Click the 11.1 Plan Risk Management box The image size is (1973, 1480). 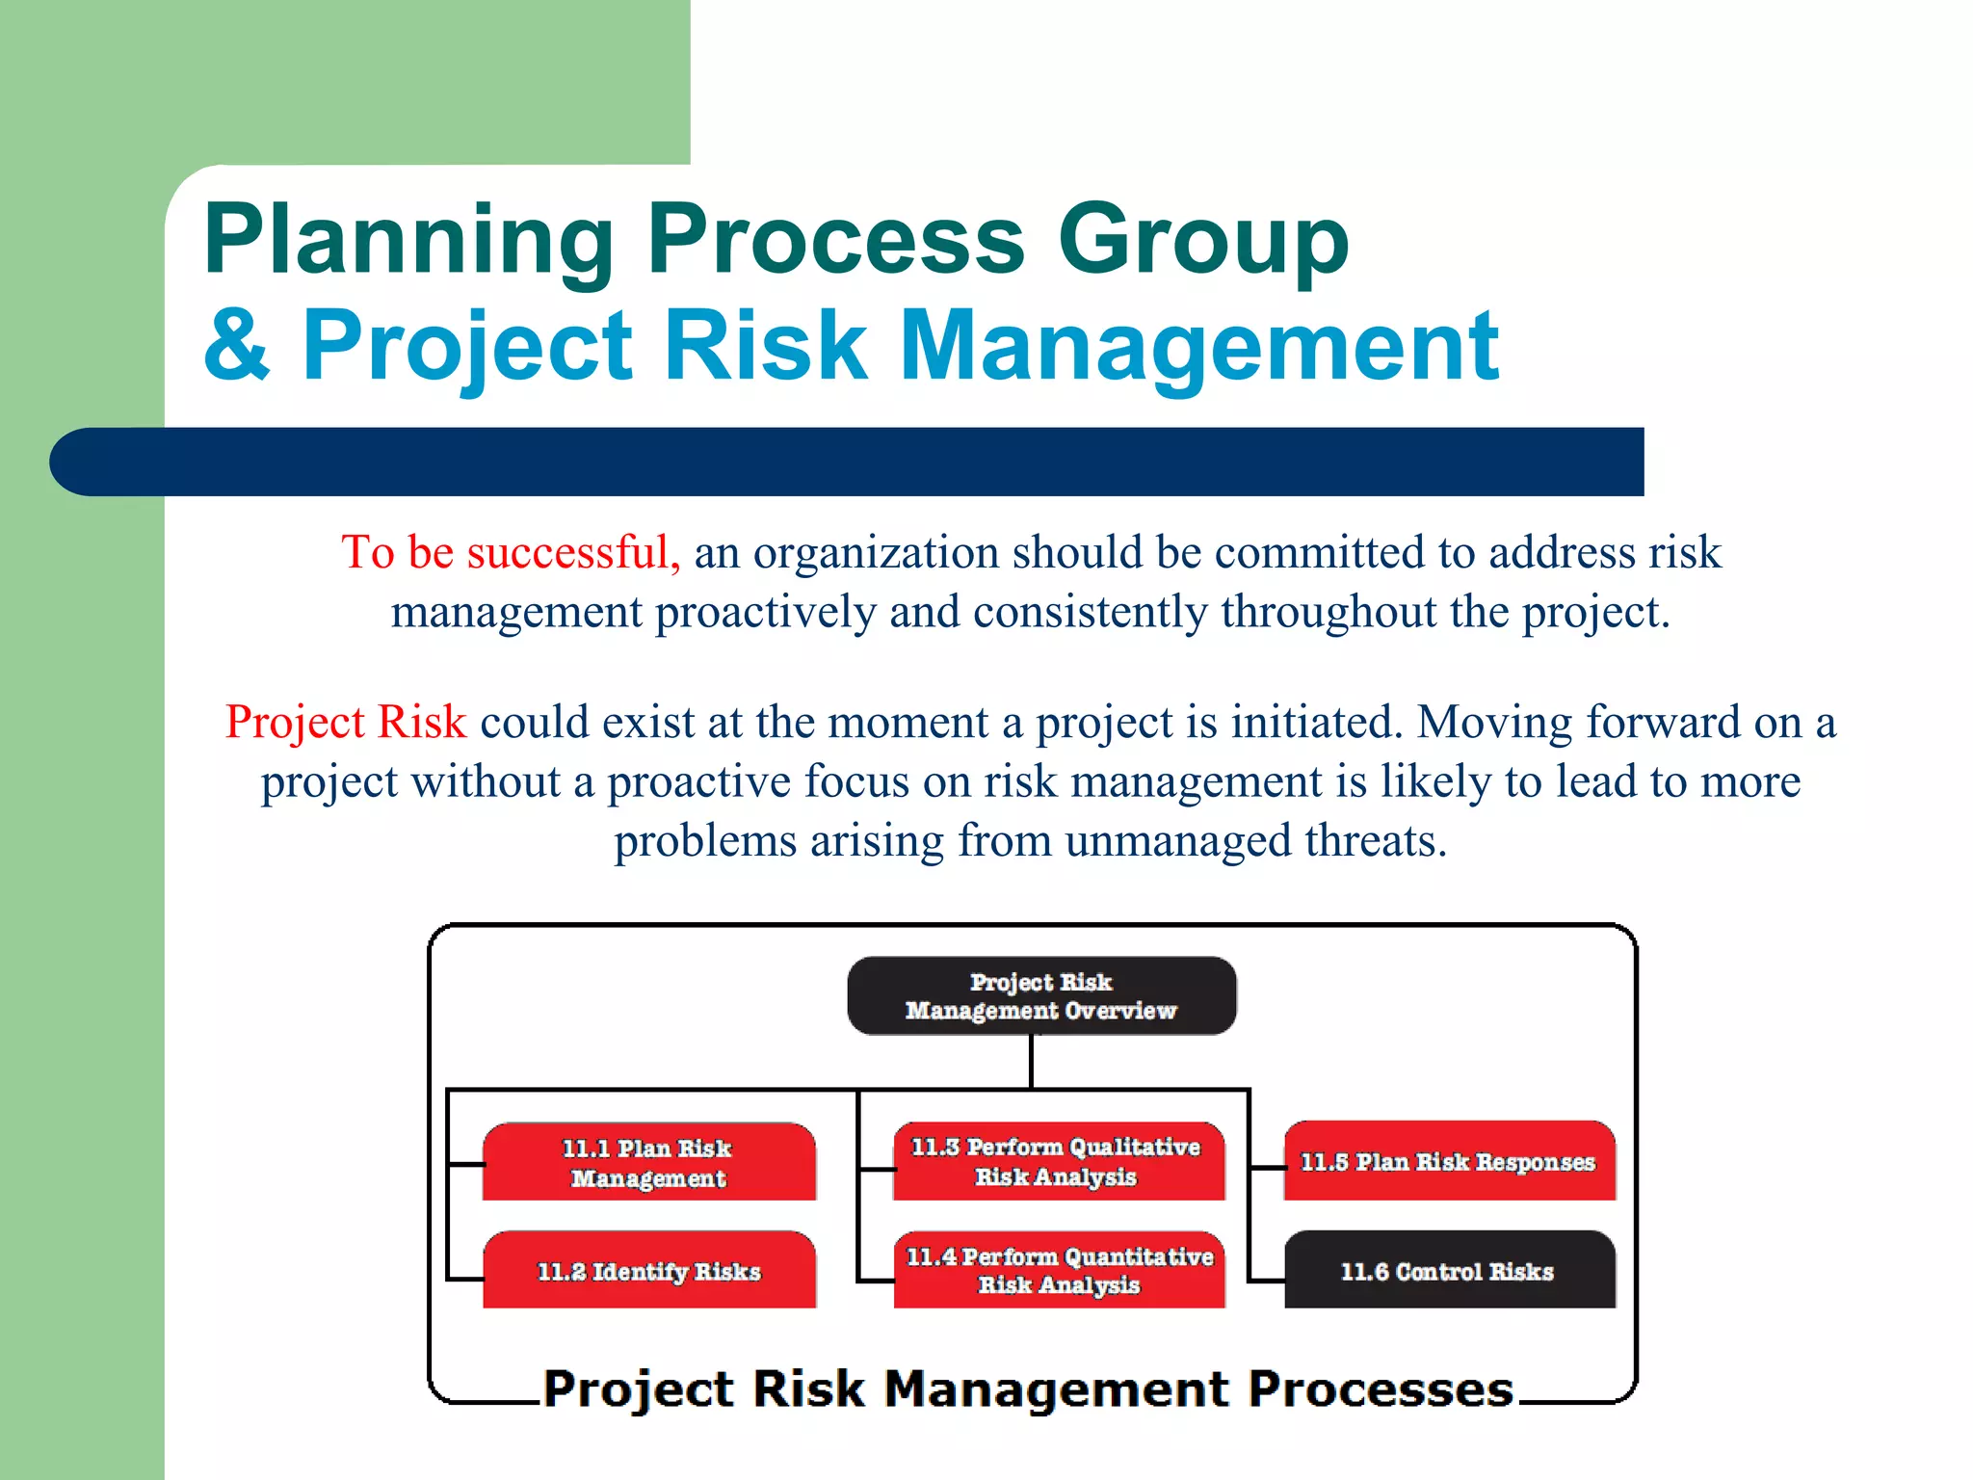pos(648,1162)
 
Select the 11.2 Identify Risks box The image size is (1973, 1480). pos(648,1271)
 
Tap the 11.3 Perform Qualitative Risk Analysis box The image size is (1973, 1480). pos(1058,1161)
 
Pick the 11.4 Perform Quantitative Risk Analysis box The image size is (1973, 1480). pos(1059,1270)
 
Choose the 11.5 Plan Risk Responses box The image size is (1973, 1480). pos(1448,1162)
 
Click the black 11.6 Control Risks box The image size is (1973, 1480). pos(1448,1271)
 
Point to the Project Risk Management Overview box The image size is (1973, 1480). pos(1040,996)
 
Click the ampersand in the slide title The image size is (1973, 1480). pos(237,345)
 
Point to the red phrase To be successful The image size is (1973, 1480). pos(510,553)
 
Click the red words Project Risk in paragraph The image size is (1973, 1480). pos(345,722)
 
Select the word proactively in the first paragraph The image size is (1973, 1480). pos(765,613)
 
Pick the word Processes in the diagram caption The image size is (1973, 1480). pos(1380,1389)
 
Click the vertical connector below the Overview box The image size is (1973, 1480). pos(1031,1062)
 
